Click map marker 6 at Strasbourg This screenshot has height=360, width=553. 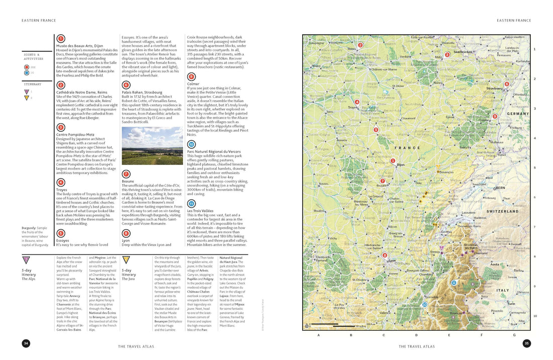click(506, 84)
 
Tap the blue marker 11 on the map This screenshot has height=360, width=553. click(453, 283)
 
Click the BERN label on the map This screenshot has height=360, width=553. click(501, 188)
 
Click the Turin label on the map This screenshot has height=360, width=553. click(511, 304)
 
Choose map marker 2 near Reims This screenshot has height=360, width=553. click(360, 45)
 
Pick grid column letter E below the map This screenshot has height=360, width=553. click(449, 334)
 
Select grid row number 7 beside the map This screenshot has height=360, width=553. click(535, 227)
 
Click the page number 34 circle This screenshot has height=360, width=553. click(26, 343)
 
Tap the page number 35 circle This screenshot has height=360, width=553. click(526, 343)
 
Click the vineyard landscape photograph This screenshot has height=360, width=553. click(152, 146)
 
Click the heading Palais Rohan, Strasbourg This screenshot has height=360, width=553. click(142, 92)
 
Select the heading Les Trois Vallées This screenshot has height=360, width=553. click(201, 211)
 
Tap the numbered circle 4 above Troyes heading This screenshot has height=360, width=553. click(61, 182)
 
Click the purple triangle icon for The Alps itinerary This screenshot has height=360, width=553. click(26, 260)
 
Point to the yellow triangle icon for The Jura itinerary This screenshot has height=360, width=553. click(127, 260)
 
